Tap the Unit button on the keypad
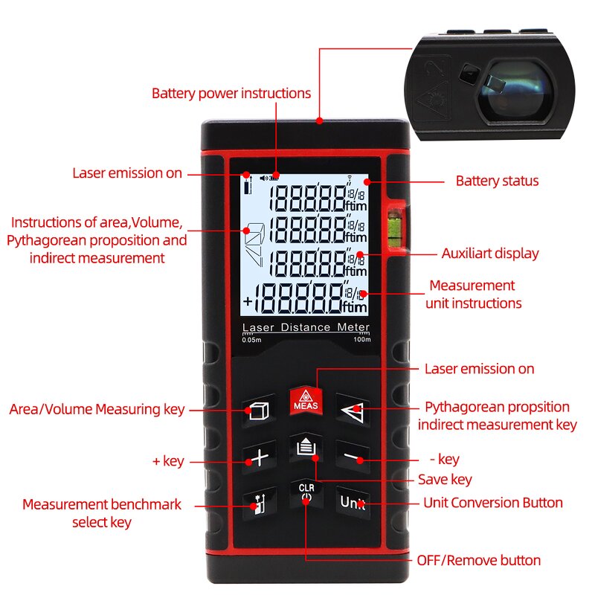pyautogui.click(x=353, y=502)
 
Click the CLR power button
pyautogui.click(x=306, y=495)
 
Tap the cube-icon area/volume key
pyautogui.click(x=257, y=411)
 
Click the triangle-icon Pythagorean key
pyautogui.click(x=352, y=410)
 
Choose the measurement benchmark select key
pyautogui.click(x=258, y=504)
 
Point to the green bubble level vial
pyautogui.click(x=393, y=223)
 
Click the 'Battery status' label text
pyautogui.click(x=497, y=181)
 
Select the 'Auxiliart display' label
pyautogui.click(x=490, y=254)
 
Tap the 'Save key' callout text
pyautogui.click(x=445, y=480)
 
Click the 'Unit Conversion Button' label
pyautogui.click(x=493, y=503)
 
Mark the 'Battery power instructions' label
pyautogui.click(x=231, y=94)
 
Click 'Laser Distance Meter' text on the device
pyautogui.click(x=306, y=328)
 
